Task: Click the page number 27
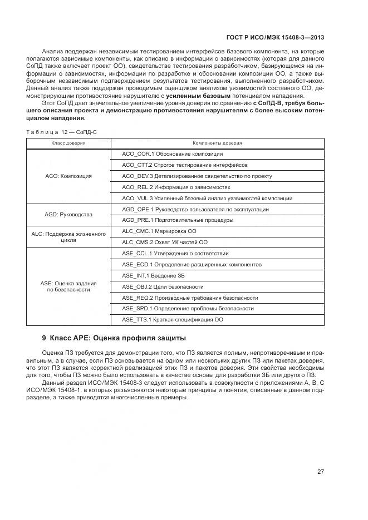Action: pyautogui.click(x=321, y=472)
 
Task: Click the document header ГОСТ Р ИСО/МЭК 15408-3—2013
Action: pyautogui.click(x=276, y=38)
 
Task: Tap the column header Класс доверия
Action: pyautogui.click(x=68, y=143)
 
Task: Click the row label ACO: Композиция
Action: pyautogui.click(x=68, y=176)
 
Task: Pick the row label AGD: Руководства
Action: pyautogui.click(x=68, y=214)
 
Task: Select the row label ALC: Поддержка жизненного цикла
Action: pyautogui.click(x=68, y=236)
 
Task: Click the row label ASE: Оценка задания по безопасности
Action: pyautogui.click(x=68, y=286)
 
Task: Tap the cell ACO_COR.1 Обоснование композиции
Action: pyautogui.click(x=172, y=153)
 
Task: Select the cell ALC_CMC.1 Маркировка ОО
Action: pyautogui.click(x=159, y=231)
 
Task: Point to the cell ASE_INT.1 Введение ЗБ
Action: pyautogui.click(x=153, y=275)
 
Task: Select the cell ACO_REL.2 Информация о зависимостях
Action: pyautogui.click(x=176, y=187)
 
